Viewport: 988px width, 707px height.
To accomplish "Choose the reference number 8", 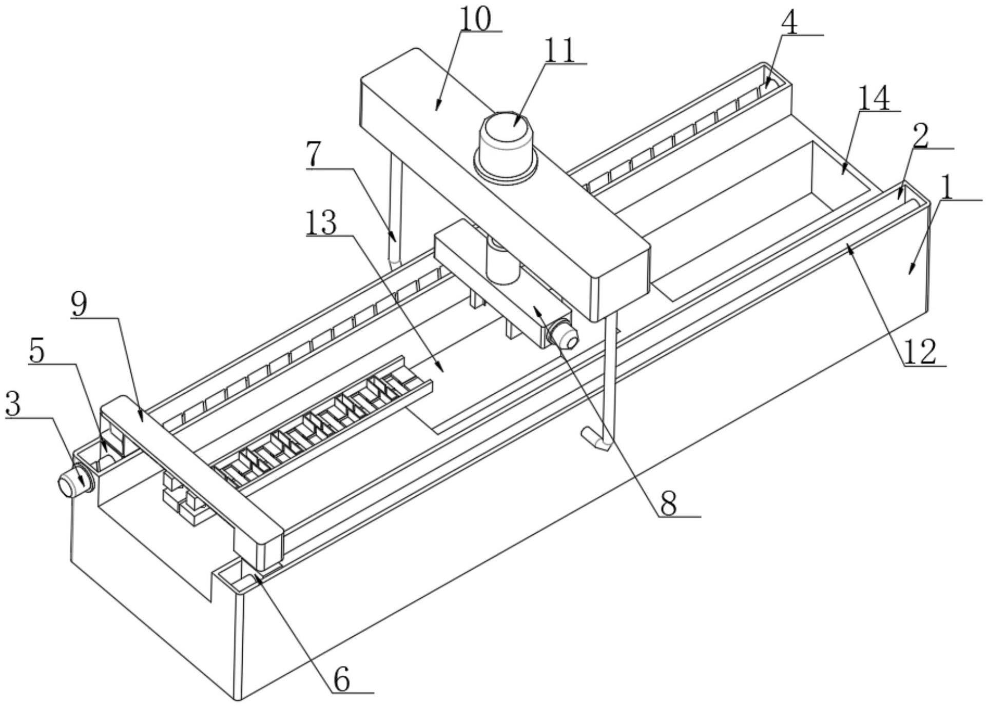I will point(668,504).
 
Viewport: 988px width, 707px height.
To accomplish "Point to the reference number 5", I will point(37,351).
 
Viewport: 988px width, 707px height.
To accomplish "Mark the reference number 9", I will point(79,305).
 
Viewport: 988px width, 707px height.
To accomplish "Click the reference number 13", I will point(322,224).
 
